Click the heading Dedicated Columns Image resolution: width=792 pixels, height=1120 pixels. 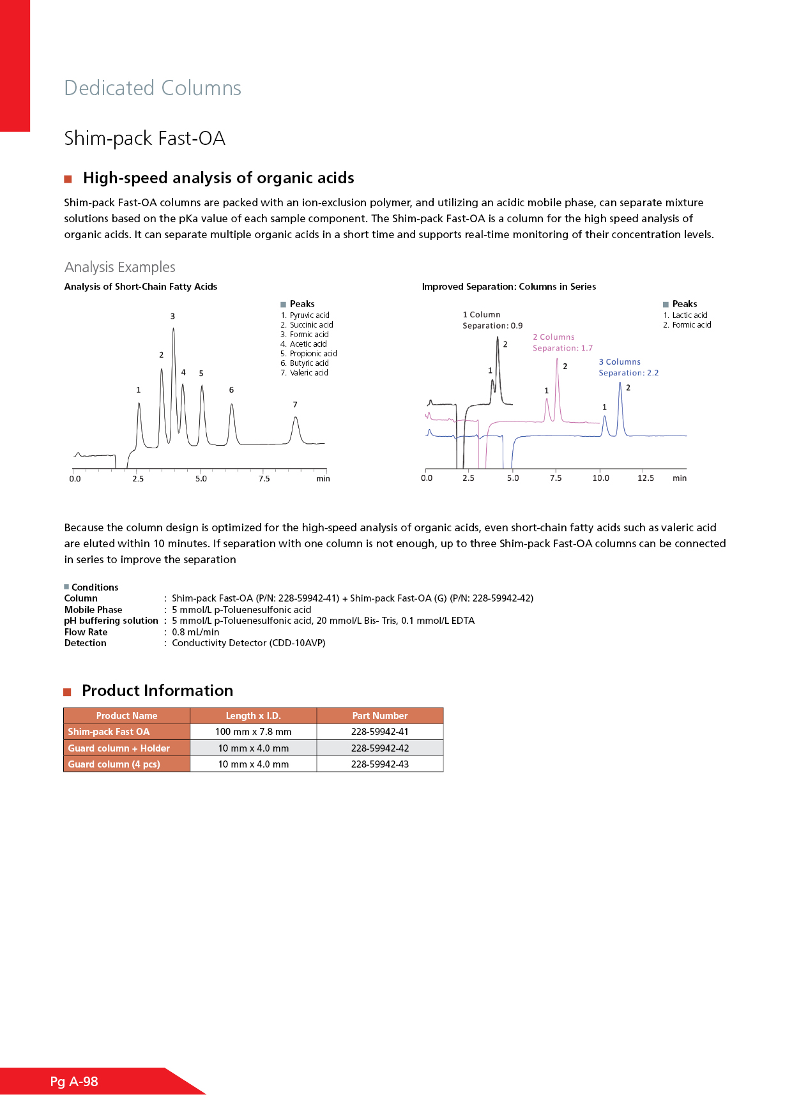(x=153, y=88)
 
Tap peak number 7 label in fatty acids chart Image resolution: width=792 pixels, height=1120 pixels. (x=295, y=405)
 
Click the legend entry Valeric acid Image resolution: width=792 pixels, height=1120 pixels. (x=308, y=373)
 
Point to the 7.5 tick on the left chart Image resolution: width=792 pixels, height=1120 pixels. (x=264, y=478)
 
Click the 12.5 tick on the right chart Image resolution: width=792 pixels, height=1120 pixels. (x=645, y=478)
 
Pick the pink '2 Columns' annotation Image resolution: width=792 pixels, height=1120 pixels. (x=554, y=337)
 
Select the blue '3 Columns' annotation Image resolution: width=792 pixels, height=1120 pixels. (x=620, y=362)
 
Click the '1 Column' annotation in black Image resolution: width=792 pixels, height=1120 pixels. (x=482, y=315)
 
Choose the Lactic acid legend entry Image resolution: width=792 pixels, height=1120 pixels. (x=689, y=315)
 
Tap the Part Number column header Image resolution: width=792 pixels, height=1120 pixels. (x=379, y=716)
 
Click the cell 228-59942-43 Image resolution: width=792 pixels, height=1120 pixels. (x=379, y=764)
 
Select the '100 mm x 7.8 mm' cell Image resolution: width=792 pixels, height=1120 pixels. (x=253, y=732)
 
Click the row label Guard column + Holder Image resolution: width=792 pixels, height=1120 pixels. (x=119, y=748)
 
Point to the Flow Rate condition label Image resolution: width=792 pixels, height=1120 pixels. (x=86, y=632)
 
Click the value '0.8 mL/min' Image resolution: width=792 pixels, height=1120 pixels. (x=195, y=632)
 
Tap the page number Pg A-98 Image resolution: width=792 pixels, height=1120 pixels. (x=74, y=1082)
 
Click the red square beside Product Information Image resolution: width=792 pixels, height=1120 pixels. (x=67, y=692)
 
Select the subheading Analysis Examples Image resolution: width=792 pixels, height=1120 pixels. (x=119, y=267)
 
